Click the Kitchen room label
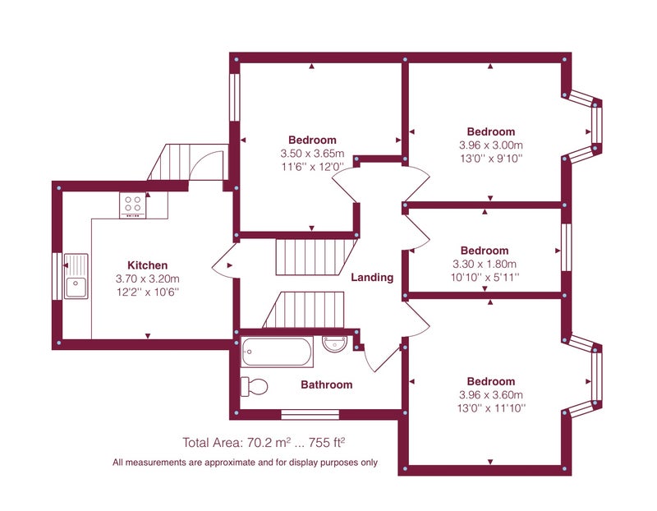148,265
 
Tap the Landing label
372,278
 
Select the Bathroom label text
327,384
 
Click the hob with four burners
133,205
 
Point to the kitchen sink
76,276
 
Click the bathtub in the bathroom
277,352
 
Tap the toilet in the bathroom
255,386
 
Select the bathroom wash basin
335,343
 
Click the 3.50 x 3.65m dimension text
312,154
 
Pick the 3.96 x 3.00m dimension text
490,145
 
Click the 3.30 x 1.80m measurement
485,264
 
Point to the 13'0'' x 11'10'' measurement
490,407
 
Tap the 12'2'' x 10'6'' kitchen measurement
148,292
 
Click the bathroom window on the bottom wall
310,415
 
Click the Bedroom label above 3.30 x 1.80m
485,251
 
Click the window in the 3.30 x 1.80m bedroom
566,247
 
